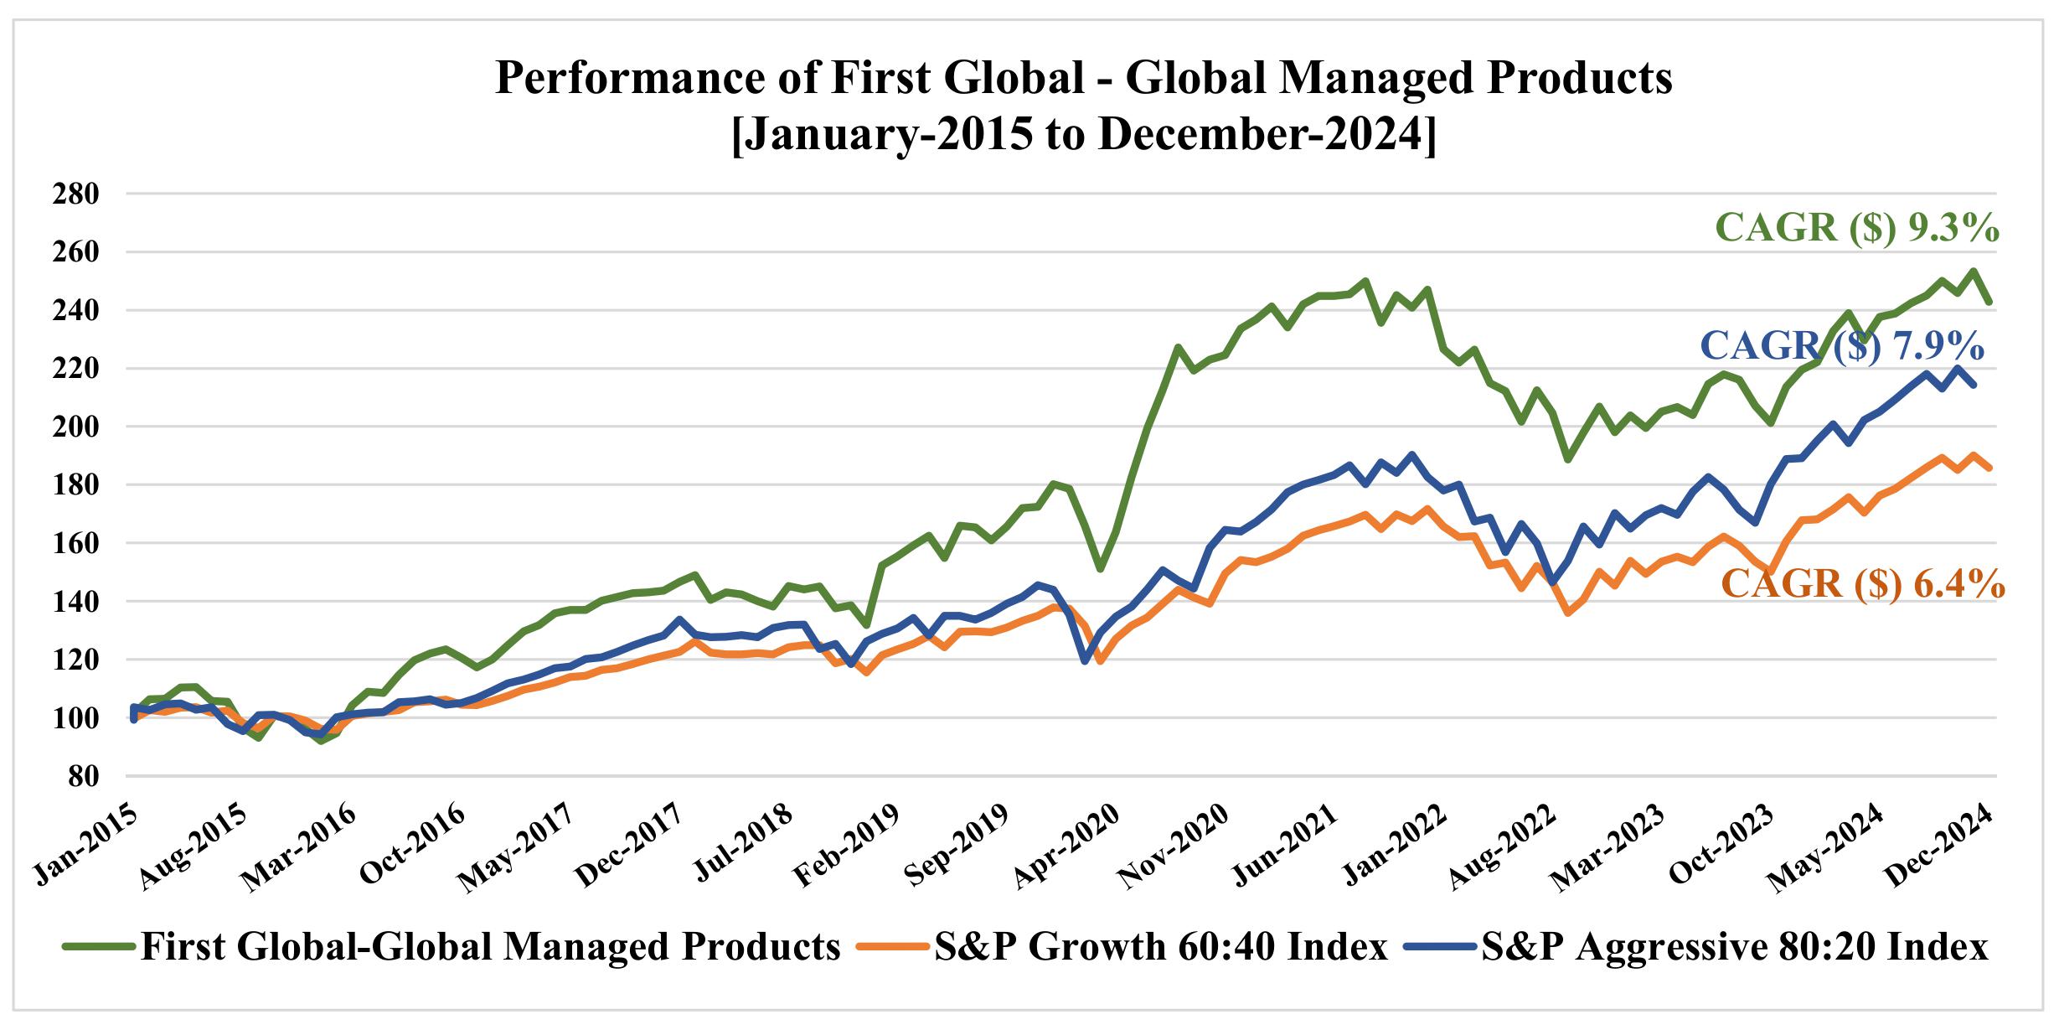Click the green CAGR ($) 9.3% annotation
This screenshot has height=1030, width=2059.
(x=1857, y=228)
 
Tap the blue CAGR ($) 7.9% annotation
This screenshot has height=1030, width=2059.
(x=1841, y=345)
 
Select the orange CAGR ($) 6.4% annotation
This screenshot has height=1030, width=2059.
(x=1862, y=584)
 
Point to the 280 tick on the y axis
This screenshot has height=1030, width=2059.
(x=75, y=194)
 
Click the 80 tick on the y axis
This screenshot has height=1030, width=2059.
(x=85, y=777)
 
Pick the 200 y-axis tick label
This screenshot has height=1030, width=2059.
(x=75, y=427)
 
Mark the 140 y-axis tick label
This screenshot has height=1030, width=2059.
(x=75, y=602)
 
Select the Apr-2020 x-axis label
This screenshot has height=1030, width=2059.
(x=1066, y=846)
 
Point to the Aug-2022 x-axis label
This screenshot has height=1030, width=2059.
(x=1503, y=846)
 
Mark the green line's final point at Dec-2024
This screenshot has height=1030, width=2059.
(x=1989, y=301)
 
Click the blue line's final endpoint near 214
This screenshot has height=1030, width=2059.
(x=1974, y=385)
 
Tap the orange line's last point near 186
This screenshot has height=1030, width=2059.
(x=1989, y=468)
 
